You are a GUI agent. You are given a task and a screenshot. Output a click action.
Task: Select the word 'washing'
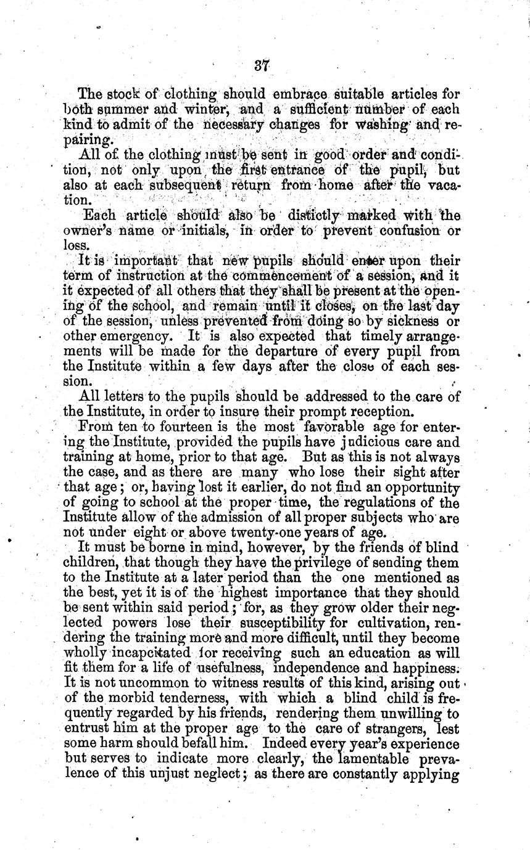pyautogui.click(x=387, y=125)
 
